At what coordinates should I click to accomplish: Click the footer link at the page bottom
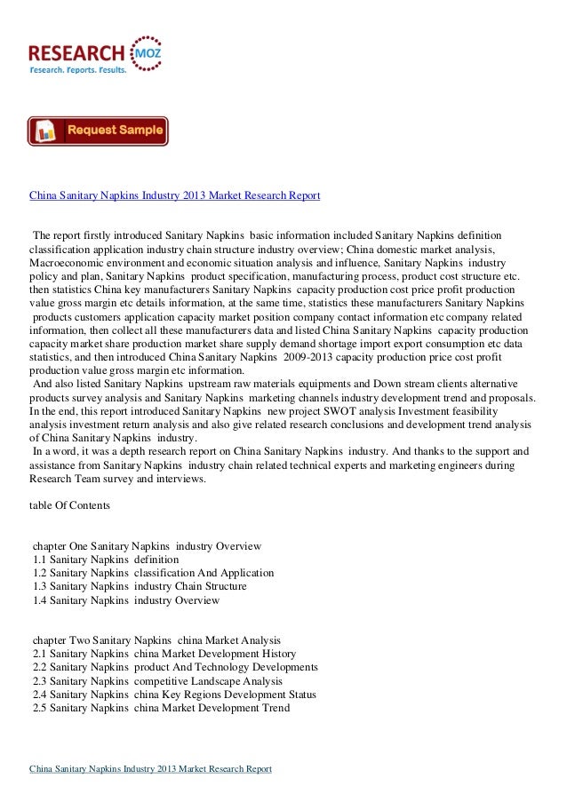coord(150,768)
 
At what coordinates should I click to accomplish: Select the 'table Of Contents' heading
coord(70,505)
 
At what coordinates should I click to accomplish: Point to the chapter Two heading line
coord(156,639)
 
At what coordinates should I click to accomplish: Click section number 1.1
coord(39,560)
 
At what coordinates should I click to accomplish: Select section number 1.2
coord(39,573)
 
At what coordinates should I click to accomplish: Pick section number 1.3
coord(39,586)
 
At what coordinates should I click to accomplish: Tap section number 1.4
coord(39,600)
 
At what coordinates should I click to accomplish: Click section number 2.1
coord(39,654)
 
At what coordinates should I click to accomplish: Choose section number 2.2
coord(39,667)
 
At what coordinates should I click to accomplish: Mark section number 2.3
coord(39,680)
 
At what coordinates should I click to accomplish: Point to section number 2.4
coord(39,694)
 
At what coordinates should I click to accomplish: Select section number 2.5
coord(39,708)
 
